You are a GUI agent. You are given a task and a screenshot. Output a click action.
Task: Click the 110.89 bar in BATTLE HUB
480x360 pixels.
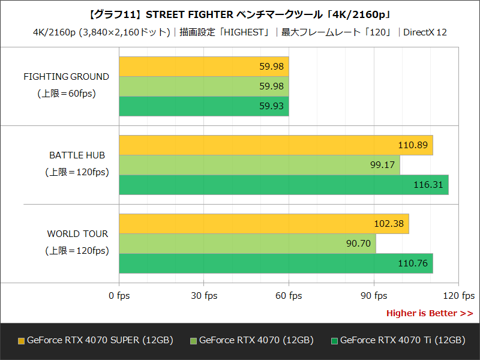pos(276,145)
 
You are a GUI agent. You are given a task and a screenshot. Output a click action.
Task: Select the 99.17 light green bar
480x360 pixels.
pos(259,165)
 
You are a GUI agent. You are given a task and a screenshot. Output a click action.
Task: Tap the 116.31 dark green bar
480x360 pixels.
pos(284,185)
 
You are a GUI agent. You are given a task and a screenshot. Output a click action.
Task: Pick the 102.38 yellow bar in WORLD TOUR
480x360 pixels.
pos(264,224)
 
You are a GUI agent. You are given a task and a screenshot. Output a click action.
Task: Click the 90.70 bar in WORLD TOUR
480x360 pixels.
pos(247,244)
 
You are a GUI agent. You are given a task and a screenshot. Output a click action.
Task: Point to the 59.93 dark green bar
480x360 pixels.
pos(204,106)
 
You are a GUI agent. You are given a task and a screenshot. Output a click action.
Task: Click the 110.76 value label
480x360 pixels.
pos(412,263)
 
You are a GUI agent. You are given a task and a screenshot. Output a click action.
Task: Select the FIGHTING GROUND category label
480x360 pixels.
pos(66,77)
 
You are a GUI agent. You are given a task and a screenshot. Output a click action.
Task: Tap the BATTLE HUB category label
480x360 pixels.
pos(77,155)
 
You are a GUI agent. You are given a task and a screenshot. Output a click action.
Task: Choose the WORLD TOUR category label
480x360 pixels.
pos(77,234)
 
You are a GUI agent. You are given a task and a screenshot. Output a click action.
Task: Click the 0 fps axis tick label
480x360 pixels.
pos(119,296)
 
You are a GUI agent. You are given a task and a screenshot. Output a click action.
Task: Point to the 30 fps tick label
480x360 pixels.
pos(204,296)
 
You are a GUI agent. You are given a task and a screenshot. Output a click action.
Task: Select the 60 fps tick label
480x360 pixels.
pos(289,296)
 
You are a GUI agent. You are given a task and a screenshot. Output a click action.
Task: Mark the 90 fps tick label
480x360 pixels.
pos(374,296)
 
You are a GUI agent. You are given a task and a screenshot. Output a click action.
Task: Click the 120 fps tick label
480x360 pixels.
pos(459,296)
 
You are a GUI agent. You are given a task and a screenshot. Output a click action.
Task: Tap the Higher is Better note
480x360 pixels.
pos(429,313)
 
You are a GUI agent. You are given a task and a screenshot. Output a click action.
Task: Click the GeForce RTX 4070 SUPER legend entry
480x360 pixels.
pos(96,340)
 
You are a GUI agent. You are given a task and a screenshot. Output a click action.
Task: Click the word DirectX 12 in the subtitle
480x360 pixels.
pos(425,32)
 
